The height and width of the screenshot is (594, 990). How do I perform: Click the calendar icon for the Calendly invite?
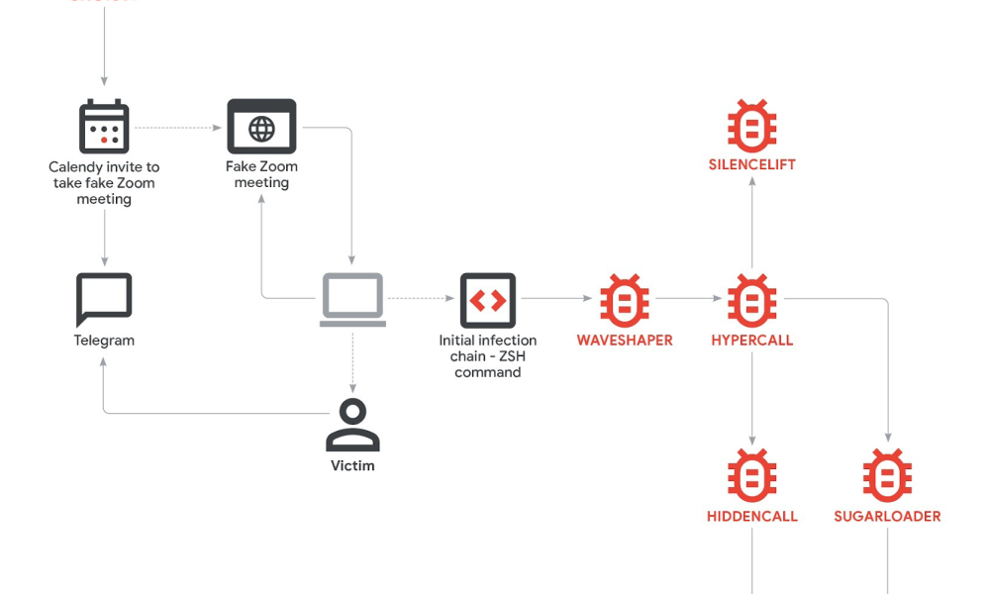tap(104, 127)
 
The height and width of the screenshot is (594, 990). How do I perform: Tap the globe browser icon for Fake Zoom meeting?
tap(261, 127)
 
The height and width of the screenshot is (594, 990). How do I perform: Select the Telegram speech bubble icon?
tap(104, 300)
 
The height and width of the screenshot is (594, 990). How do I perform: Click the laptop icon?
tap(352, 300)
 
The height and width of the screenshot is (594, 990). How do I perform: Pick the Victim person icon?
tap(352, 426)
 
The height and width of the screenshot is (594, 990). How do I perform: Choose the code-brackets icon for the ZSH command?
tap(488, 300)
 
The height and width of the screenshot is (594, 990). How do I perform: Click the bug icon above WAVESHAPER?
tap(625, 300)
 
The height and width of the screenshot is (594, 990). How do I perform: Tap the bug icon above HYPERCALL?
tap(752, 300)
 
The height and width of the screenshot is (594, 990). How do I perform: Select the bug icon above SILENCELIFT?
tap(752, 125)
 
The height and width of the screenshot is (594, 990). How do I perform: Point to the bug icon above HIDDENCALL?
tap(752, 475)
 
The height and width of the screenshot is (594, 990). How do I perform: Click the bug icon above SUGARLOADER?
tap(887, 475)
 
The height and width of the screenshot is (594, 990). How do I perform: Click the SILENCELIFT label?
tap(752, 164)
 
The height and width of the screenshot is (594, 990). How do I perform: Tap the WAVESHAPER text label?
tap(625, 341)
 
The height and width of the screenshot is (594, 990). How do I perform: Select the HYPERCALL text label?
tap(752, 341)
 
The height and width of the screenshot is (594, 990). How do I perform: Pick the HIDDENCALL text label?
tap(752, 516)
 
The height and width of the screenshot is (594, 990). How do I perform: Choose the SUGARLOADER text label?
tap(887, 516)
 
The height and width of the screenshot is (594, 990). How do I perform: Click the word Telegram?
tap(104, 341)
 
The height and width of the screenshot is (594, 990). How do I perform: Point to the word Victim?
tap(352, 465)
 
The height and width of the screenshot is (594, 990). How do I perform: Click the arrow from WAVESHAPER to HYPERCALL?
tap(688, 298)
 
